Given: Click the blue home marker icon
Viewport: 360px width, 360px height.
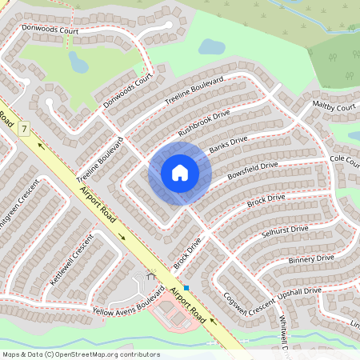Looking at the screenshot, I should coord(180,173).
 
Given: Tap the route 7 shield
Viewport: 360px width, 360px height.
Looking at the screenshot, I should coord(25,128).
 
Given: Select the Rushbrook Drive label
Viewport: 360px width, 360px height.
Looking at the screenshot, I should coord(204,120).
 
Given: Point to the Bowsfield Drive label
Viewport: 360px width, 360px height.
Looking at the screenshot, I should coord(252,170).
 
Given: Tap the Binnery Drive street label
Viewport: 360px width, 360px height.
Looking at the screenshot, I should coord(311,259).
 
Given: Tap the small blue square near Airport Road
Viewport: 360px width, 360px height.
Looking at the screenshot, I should coord(186,287).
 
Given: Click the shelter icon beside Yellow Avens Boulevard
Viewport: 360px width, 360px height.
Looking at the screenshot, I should coord(150,277).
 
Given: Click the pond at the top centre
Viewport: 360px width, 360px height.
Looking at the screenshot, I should coord(211,46).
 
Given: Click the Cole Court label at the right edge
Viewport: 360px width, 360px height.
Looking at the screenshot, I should coord(346,161).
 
